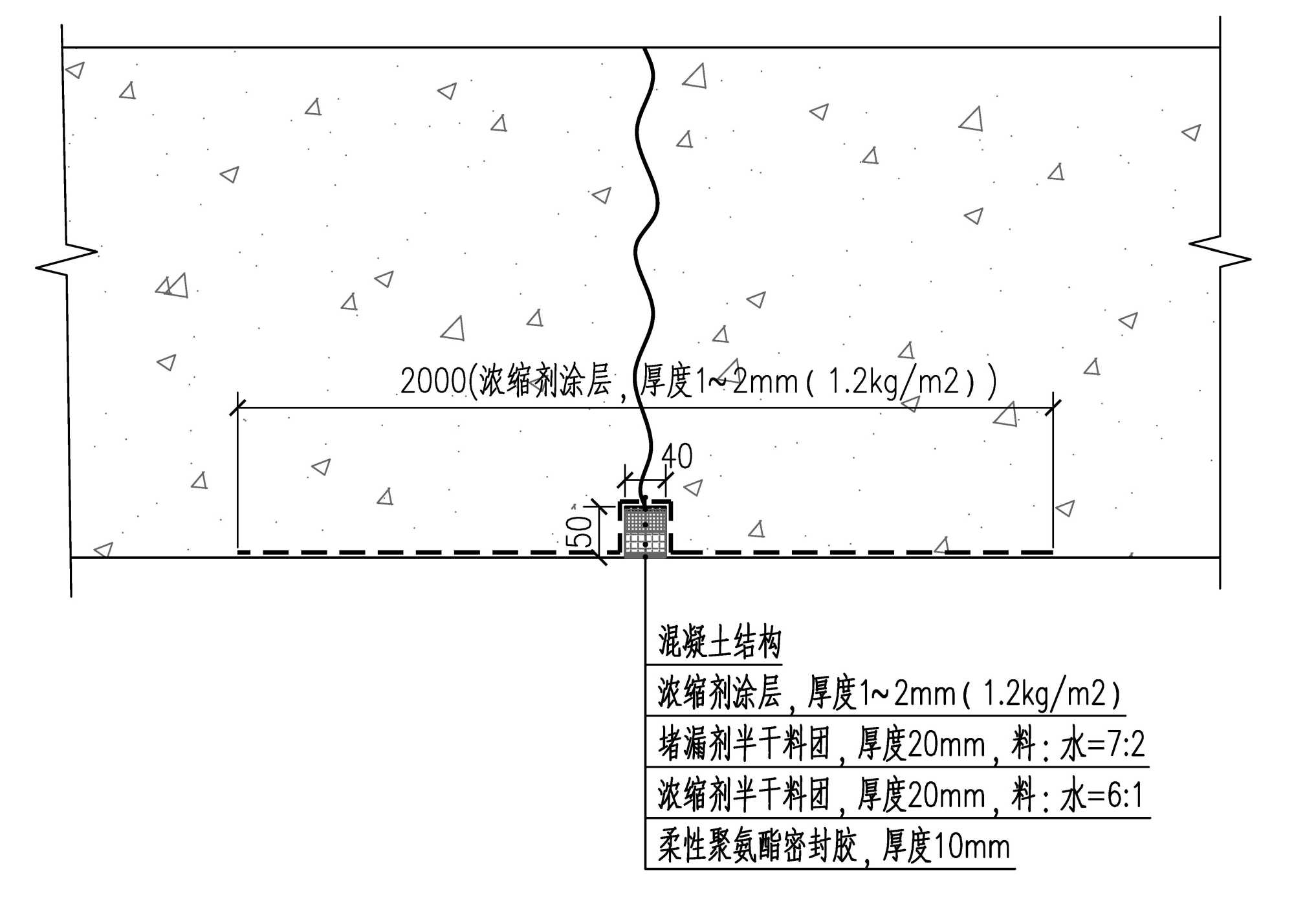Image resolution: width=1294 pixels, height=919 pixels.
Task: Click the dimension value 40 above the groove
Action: coord(677,456)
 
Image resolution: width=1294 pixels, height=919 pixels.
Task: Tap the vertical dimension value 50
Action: coord(582,531)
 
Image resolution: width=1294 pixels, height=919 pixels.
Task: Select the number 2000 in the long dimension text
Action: coord(433,381)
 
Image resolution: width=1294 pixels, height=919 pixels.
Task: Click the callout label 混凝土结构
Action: coord(719,642)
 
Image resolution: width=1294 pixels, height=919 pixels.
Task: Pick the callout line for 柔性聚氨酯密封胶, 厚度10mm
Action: coord(834,847)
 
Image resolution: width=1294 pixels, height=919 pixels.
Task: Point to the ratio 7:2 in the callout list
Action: coord(1124,745)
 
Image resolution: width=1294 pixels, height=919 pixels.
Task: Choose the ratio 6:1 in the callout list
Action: coord(1124,795)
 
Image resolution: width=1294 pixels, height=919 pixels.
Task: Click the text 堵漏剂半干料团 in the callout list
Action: coord(744,745)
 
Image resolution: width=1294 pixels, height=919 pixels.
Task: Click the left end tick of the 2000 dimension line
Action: coord(238,407)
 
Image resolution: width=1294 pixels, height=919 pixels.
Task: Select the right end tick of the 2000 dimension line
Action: coord(1053,407)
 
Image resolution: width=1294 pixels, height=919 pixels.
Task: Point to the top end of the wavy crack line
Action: coord(644,49)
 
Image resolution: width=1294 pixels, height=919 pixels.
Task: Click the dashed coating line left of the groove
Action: coord(427,552)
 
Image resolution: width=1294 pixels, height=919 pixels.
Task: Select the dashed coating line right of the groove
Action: coord(861,552)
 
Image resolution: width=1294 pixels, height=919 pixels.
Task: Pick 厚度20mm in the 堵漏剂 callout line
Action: coord(921,745)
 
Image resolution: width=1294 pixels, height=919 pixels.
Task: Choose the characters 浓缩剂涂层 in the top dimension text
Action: coord(545,381)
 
